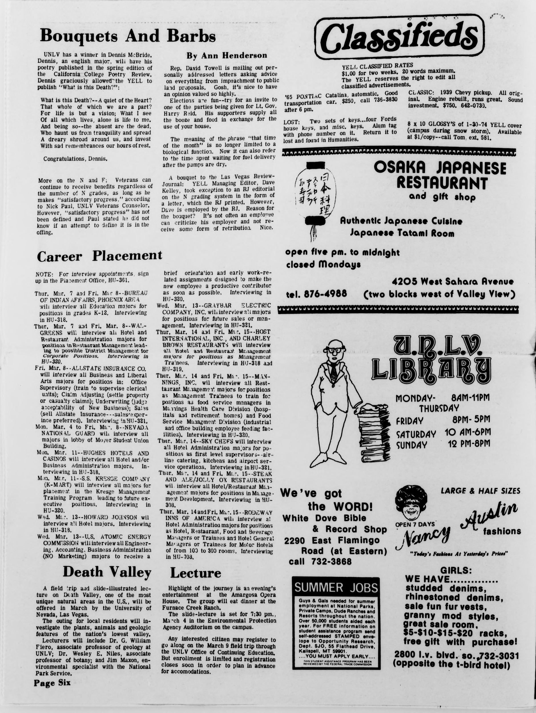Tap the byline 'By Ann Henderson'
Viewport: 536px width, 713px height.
(227, 55)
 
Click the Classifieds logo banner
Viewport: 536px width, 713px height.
(400, 38)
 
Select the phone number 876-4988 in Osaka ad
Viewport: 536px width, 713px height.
(316, 294)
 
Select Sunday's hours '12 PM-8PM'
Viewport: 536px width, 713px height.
(469, 444)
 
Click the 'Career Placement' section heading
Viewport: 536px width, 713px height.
(99, 256)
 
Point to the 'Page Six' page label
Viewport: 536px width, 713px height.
(52, 682)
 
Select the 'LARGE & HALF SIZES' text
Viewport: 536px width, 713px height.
(480, 491)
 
